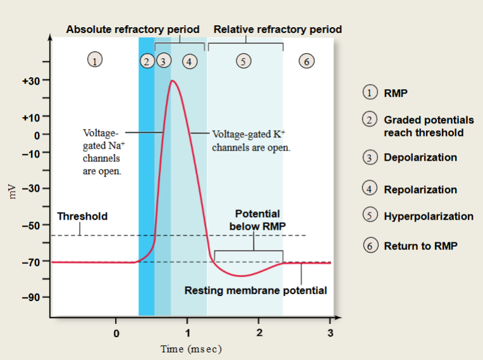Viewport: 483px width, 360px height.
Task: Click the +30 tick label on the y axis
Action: tap(31, 81)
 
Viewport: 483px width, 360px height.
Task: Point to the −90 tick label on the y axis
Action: tap(31, 297)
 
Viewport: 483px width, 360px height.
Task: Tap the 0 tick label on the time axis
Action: tap(116, 333)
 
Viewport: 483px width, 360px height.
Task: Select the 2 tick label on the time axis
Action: tap(259, 333)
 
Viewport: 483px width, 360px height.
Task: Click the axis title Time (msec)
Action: tap(191, 349)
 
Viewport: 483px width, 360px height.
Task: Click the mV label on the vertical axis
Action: tap(11, 189)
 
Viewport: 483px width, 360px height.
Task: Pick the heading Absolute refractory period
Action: tap(133, 29)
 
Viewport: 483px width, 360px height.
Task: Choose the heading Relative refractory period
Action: tap(278, 29)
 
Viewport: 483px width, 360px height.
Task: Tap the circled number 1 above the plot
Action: tap(94, 61)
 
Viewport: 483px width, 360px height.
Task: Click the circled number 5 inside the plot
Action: tap(244, 61)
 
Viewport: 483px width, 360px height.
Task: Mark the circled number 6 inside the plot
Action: tap(307, 61)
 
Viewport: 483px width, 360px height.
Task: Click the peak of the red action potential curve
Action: tap(172, 80)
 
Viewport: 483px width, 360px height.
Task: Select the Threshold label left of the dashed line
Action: tap(82, 216)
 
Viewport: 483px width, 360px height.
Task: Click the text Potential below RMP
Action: tap(257, 220)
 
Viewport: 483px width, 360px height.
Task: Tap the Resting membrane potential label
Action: tap(255, 291)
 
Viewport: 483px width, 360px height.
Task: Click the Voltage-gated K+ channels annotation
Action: tap(252, 140)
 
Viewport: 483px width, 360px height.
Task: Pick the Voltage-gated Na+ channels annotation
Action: tap(102, 152)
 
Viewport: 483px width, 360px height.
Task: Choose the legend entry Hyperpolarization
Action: tap(428, 216)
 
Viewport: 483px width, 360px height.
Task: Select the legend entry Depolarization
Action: tap(420, 158)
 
